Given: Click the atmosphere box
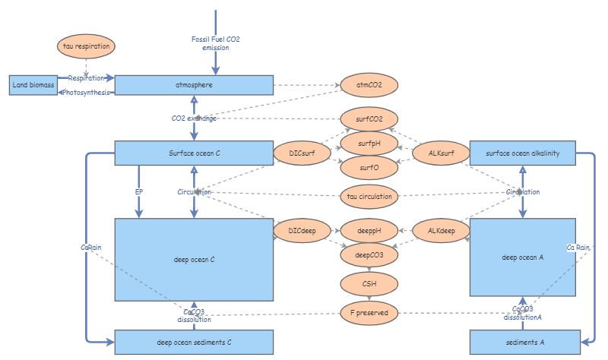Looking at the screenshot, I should click(193, 85).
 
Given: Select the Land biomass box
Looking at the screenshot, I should click(33, 85).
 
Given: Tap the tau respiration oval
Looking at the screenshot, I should click(87, 47).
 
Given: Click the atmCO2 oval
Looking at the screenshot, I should click(369, 85).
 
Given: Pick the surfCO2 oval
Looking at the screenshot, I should click(369, 119).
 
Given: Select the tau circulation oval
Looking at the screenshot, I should click(369, 196).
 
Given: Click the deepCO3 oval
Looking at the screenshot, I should click(369, 256).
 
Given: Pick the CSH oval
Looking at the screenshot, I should click(369, 284).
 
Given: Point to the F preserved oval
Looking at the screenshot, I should click(369, 312).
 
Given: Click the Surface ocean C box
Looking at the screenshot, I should click(193, 153).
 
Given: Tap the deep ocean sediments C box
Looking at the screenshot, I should click(193, 342).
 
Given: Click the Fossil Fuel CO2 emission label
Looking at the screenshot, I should click(216, 43).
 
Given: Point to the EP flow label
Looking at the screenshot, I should click(139, 192).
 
